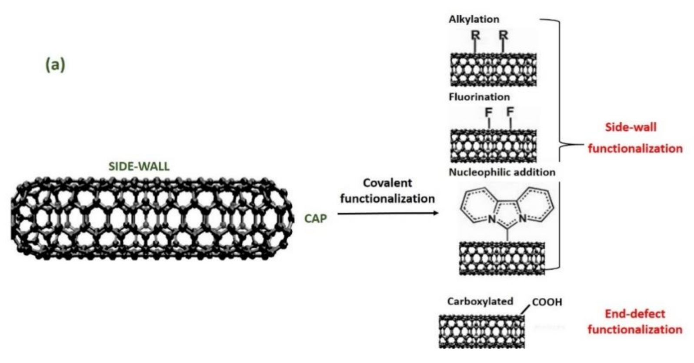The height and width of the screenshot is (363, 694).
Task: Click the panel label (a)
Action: (x=55, y=65)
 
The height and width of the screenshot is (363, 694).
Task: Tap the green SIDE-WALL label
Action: (x=139, y=167)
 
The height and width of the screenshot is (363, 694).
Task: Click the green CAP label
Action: (x=315, y=218)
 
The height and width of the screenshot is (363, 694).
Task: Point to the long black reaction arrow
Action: (x=387, y=213)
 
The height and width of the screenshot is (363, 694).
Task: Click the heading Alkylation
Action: (x=474, y=19)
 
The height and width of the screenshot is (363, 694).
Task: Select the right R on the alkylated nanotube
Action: (x=503, y=35)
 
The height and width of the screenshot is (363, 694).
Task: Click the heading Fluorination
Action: (x=479, y=97)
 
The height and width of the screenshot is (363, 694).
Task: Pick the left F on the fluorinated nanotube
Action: (x=489, y=112)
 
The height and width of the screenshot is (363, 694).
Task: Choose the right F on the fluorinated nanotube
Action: (x=510, y=111)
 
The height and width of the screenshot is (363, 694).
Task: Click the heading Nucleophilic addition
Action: (x=502, y=172)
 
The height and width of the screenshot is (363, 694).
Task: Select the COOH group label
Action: (x=547, y=302)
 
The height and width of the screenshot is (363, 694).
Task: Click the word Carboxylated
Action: (x=480, y=301)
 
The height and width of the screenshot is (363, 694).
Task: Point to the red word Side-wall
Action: (x=631, y=127)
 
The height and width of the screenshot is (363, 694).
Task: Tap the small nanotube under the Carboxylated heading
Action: (x=481, y=331)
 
